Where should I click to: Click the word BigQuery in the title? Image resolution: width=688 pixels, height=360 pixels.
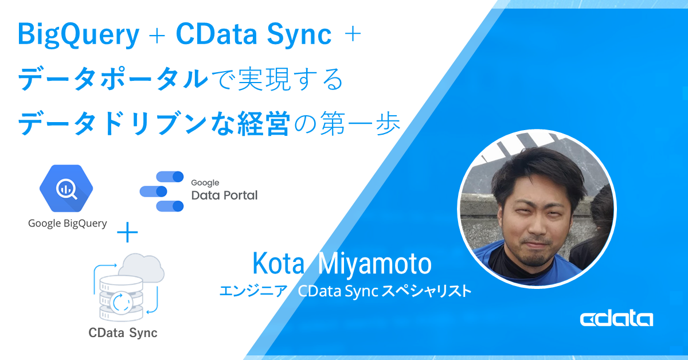click(x=79, y=36)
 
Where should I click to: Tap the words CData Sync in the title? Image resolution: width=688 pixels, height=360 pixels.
click(x=253, y=35)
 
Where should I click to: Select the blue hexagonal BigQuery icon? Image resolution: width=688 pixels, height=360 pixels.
click(x=66, y=188)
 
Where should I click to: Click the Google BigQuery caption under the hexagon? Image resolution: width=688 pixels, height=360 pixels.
click(x=68, y=224)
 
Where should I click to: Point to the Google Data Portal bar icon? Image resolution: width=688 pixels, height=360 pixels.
click(x=162, y=191)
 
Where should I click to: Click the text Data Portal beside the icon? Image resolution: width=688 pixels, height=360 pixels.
click(x=225, y=195)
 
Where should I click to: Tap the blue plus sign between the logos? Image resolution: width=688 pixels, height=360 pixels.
click(x=127, y=232)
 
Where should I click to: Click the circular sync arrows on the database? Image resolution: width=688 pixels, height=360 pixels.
click(x=122, y=303)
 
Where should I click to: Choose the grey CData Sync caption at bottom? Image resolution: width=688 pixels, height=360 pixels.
click(x=123, y=332)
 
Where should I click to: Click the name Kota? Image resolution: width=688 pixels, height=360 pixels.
click(x=278, y=263)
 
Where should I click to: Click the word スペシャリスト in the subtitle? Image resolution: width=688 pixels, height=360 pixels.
click(x=427, y=291)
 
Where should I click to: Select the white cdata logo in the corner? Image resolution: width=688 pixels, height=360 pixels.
click(x=616, y=319)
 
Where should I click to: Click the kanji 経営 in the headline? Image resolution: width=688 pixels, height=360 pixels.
click(x=264, y=124)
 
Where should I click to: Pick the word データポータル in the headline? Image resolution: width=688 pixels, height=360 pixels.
click(x=114, y=79)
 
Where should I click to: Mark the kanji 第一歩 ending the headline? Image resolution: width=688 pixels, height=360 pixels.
click(x=360, y=124)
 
